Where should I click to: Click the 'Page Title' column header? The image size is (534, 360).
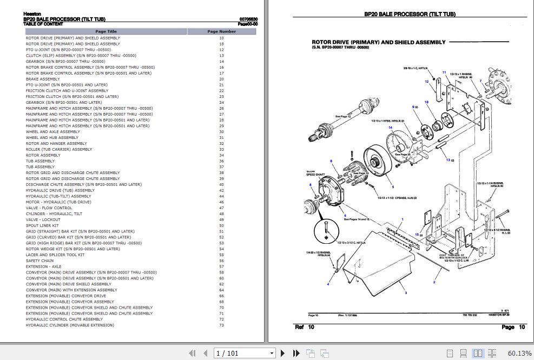tap(106, 31)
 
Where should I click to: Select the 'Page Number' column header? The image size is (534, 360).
tap(221, 31)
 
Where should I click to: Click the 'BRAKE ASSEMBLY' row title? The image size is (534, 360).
tap(43, 79)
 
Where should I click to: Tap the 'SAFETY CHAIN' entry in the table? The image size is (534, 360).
tap(39, 261)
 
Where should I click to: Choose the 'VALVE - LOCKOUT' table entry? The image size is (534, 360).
tap(43, 219)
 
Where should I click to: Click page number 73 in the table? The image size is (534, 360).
tap(221, 325)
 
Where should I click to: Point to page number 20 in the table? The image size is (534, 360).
tap(221, 79)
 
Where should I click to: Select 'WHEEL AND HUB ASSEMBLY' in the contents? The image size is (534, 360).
tap(52, 137)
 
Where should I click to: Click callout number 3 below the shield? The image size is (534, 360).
tap(406, 292)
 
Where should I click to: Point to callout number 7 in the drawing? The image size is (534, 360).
tap(480, 81)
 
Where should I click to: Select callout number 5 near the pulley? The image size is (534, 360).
tap(393, 186)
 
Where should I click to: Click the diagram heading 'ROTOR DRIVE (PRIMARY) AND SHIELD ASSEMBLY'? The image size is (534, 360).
tap(379, 42)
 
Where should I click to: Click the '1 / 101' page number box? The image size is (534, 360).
tap(244, 353)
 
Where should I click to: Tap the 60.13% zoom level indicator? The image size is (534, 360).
tap(519, 353)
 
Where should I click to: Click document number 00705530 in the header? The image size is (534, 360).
tap(248, 19)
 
